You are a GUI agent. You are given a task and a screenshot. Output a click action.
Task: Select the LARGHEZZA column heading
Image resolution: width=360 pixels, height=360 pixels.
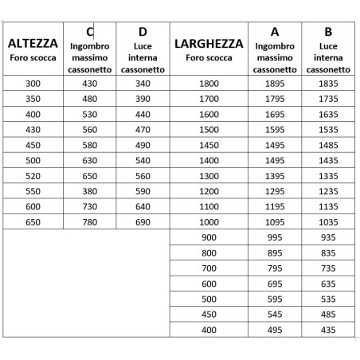point(209,43)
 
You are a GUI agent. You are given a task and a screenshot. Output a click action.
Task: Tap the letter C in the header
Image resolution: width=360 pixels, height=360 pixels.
point(89,31)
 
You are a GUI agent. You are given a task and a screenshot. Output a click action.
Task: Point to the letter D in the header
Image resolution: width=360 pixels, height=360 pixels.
point(142,32)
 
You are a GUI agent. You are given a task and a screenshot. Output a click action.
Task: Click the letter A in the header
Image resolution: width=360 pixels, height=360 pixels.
point(275,32)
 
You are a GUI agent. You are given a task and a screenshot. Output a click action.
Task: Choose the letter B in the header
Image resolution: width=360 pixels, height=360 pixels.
point(328,32)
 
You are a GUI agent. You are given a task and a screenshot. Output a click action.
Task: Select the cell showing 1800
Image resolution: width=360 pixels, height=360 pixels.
point(209,84)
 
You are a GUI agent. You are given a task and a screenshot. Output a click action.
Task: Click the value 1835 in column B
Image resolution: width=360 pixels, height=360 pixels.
point(328,84)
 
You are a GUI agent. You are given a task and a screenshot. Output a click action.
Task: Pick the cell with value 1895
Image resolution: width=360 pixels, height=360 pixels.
point(275,84)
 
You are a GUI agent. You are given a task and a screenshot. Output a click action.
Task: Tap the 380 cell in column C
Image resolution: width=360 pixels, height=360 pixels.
point(89,191)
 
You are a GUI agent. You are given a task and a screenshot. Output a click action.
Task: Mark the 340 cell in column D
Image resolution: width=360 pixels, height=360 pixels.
point(142,84)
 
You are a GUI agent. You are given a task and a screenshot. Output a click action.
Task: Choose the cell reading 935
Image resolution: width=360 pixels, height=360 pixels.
point(328,237)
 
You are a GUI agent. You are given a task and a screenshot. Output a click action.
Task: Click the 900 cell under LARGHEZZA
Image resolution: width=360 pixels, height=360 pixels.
point(209,237)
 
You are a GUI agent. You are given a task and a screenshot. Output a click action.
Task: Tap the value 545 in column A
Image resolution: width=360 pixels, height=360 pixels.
point(275,314)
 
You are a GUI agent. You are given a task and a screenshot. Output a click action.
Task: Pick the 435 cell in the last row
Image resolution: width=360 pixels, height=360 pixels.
point(328,330)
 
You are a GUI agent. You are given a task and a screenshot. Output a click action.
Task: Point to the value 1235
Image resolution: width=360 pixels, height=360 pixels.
point(328,191)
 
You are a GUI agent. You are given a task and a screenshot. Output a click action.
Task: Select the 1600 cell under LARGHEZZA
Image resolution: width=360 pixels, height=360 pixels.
point(209,114)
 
